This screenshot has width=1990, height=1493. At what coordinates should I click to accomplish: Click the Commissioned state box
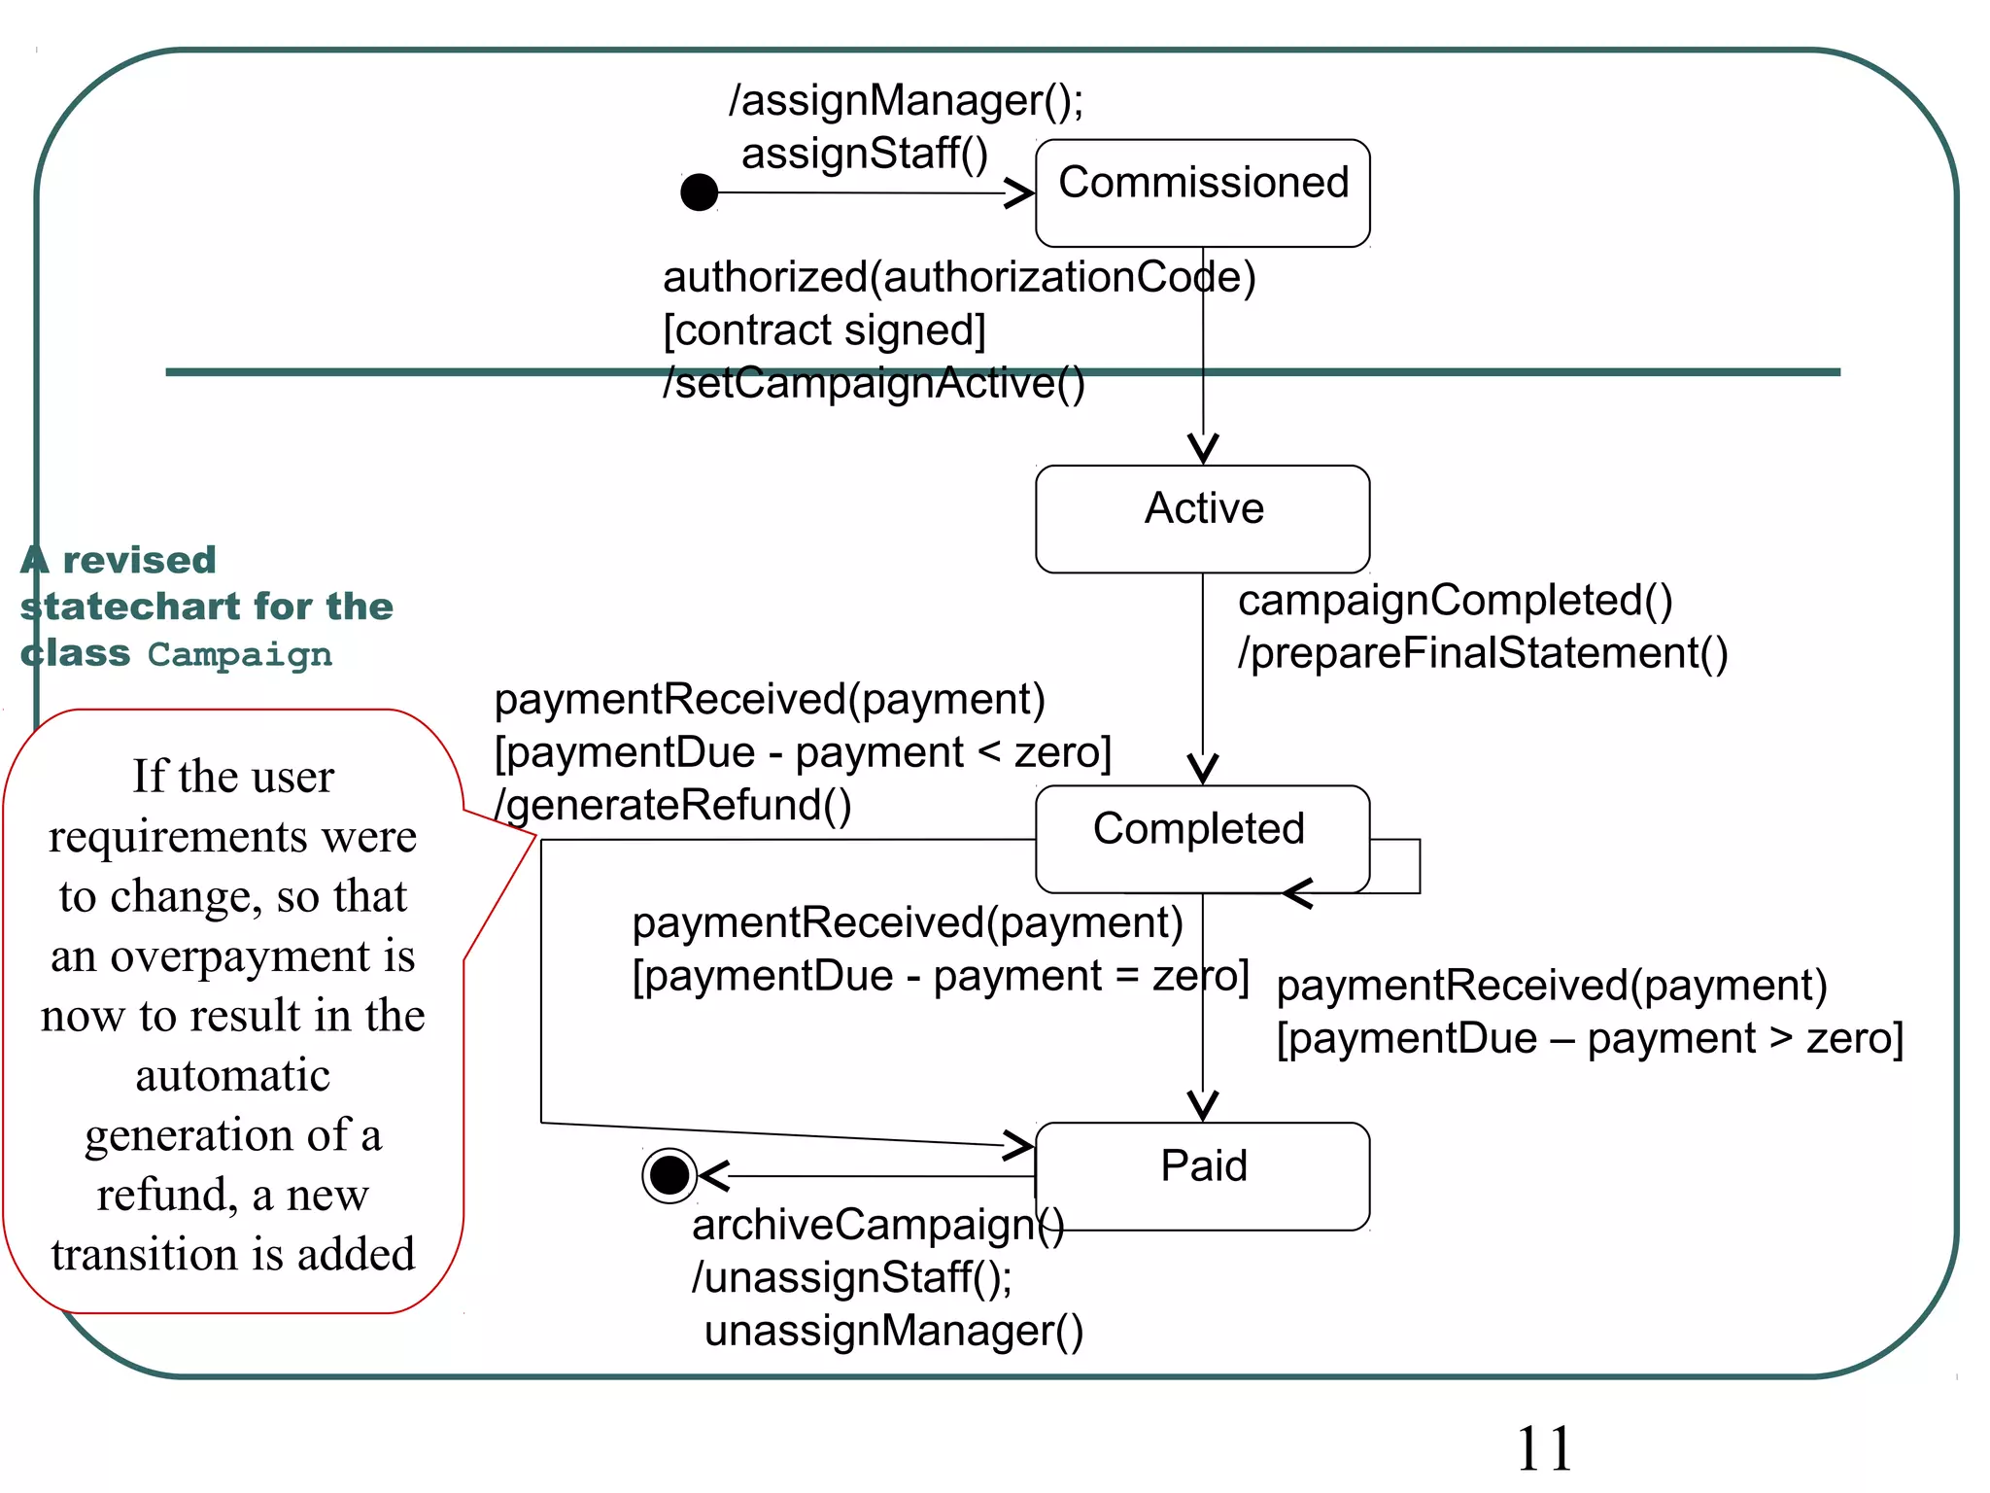(x=1202, y=192)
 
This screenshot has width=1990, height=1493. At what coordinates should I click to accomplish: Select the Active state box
(x=1202, y=519)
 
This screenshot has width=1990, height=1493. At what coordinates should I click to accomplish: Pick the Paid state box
(x=1203, y=1176)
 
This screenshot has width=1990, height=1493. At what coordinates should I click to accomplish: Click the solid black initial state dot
(x=699, y=192)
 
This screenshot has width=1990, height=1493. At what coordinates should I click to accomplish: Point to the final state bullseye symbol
(x=669, y=1175)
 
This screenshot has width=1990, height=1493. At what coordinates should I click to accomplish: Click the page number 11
(x=1543, y=1448)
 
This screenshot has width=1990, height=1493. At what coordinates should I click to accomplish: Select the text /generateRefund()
(x=672, y=805)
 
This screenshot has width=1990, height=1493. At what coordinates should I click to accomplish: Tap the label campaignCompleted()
(x=1455, y=601)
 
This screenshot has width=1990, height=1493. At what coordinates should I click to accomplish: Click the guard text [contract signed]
(x=824, y=330)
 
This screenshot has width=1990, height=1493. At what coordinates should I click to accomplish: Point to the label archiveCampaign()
(x=877, y=1225)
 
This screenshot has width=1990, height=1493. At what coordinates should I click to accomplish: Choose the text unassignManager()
(x=893, y=1331)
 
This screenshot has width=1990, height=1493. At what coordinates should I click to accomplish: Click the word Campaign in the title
(x=239, y=654)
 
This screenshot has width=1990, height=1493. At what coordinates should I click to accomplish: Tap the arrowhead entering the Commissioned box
(x=1020, y=192)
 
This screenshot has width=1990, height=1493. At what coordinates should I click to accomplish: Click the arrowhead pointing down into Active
(x=1203, y=449)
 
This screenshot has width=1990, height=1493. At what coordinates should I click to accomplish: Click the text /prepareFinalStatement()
(x=1483, y=653)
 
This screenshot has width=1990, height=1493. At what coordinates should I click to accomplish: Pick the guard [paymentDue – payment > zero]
(x=1589, y=1038)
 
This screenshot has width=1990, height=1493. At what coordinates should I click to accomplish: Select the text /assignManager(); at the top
(x=906, y=101)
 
